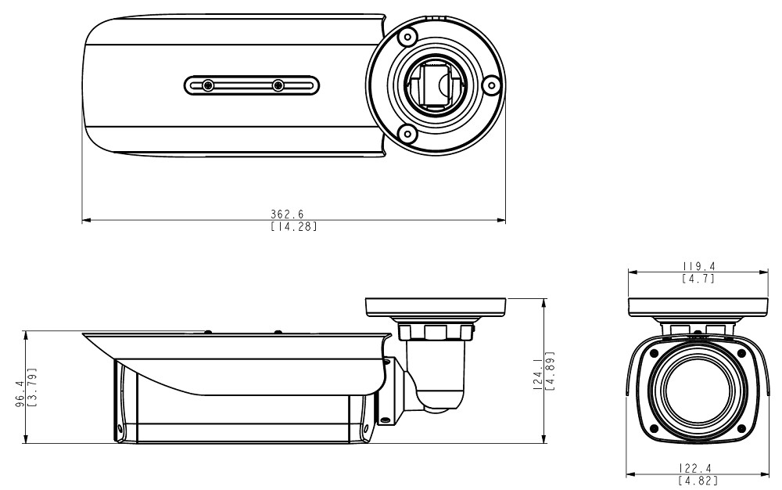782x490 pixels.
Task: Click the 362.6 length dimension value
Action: pyautogui.click(x=287, y=214)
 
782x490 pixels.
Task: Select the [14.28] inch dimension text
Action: pyautogui.click(x=293, y=226)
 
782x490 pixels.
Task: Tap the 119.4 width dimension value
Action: pyautogui.click(x=698, y=267)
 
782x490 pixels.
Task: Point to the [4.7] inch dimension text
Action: pyautogui.click(x=698, y=279)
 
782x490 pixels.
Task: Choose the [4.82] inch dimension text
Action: pyautogui.click(x=698, y=481)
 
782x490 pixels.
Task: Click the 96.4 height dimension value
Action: pyautogui.click(x=20, y=395)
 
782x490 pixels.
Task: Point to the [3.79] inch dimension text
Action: pyautogui.click(x=31, y=387)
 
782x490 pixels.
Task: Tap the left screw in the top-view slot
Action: pyautogui.click(x=208, y=86)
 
